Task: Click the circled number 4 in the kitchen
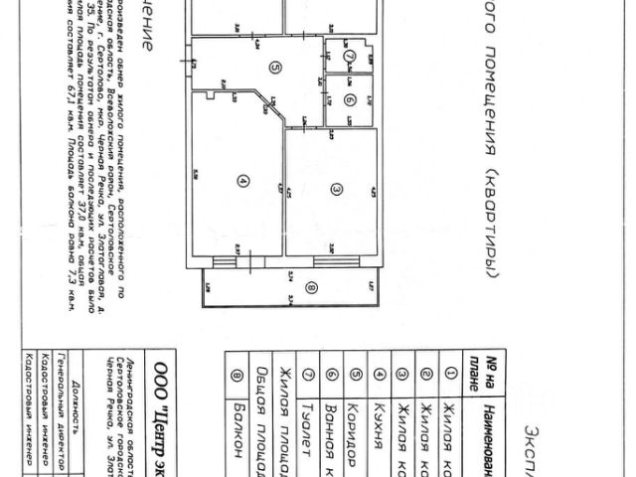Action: tap(241, 180)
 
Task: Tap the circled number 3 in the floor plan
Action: tap(337, 189)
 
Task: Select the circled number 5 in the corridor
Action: tap(273, 68)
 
